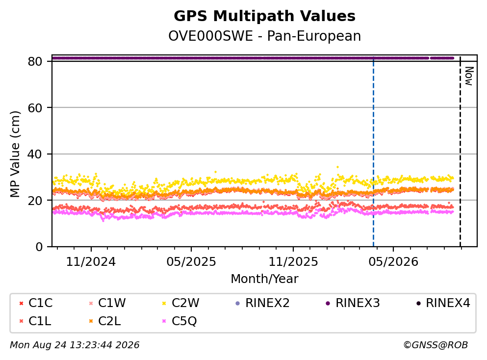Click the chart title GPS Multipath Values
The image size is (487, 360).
[264, 16]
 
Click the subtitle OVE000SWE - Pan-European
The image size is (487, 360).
[264, 36]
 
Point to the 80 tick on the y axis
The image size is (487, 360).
[35, 61]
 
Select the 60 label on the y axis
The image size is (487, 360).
[35, 108]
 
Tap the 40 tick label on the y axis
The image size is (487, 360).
[35, 154]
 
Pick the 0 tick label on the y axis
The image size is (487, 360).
[39, 247]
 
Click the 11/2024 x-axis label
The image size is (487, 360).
[91, 262]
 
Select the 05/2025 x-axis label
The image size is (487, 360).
[191, 262]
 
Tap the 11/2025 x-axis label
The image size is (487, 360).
[293, 262]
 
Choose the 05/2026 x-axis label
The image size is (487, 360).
[393, 262]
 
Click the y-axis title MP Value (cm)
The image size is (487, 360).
[15, 154]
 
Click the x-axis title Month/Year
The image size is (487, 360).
[264, 279]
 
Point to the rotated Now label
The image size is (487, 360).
[469, 76]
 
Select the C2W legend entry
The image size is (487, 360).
[181, 303]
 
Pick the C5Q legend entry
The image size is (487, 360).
[180, 321]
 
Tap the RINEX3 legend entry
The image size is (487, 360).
[353, 303]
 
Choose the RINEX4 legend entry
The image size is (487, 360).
[443, 303]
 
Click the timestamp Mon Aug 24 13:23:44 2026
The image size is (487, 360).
[75, 345]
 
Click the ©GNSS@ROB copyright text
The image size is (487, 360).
[436, 345]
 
